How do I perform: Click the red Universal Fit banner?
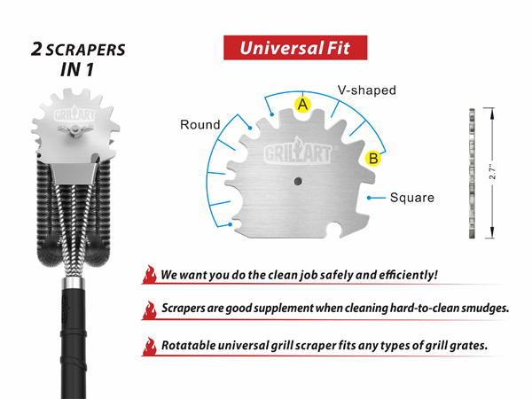click(x=295, y=48)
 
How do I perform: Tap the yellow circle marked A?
click(x=302, y=105)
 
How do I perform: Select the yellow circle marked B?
click(x=373, y=159)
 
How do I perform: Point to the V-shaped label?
click(x=367, y=90)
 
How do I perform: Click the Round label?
click(x=200, y=124)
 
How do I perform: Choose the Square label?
click(x=412, y=198)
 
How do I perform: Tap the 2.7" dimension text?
click(x=492, y=173)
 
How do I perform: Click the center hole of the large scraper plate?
click(x=298, y=181)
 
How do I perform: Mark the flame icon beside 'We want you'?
click(x=149, y=274)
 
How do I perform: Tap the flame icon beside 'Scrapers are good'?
click(x=149, y=309)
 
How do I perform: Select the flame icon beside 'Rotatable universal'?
click(x=149, y=346)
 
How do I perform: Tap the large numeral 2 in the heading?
click(x=36, y=49)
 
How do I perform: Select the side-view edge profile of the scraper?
click(x=472, y=173)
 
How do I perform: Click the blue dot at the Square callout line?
click(x=369, y=198)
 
